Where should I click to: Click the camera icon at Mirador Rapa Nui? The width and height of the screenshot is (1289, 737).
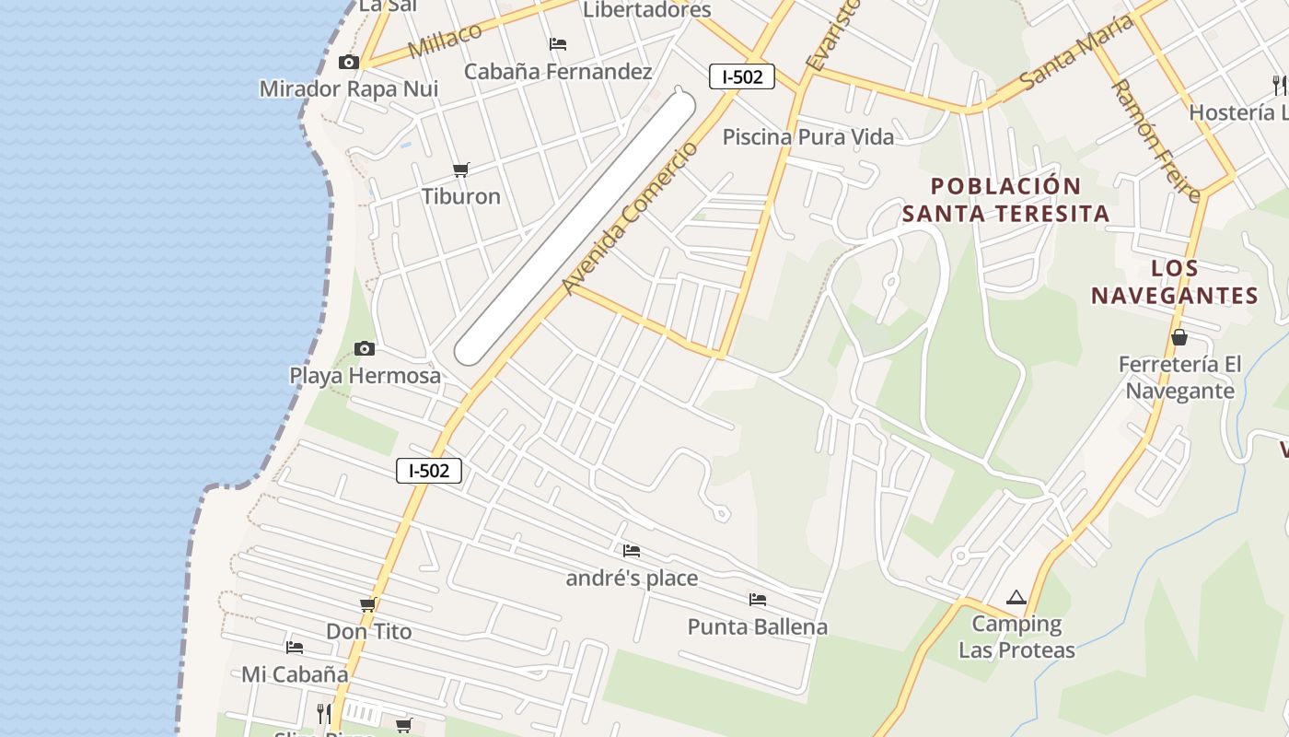tap(348, 63)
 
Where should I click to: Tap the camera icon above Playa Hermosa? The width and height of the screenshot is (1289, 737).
tap(365, 348)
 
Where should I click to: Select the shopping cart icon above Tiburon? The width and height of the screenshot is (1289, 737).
tap(461, 170)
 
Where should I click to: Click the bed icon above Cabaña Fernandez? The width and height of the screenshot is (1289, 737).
tap(557, 43)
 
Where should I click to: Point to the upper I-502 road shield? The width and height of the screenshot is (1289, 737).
tap(741, 77)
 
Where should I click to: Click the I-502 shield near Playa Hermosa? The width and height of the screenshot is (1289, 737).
tap(428, 471)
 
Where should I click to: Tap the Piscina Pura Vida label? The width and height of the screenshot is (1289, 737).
tap(807, 137)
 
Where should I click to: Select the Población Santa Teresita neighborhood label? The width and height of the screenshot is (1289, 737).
tap(1005, 200)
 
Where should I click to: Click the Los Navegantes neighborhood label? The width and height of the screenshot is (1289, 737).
tap(1174, 282)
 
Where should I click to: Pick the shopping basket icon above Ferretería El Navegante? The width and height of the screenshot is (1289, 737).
tap(1179, 338)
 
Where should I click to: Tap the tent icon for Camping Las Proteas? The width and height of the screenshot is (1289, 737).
tap(1016, 598)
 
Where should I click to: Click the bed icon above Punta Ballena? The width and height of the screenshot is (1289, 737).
tap(757, 600)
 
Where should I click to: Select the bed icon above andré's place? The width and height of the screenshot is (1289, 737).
tap(631, 551)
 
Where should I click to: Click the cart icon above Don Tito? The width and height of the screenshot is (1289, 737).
tap(368, 605)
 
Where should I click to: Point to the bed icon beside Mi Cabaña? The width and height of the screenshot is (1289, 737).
tap(295, 648)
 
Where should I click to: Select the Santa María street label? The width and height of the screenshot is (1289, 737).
tap(1075, 52)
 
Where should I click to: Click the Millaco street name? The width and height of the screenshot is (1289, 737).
tap(445, 41)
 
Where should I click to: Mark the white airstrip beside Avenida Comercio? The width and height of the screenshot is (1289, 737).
tap(575, 227)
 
